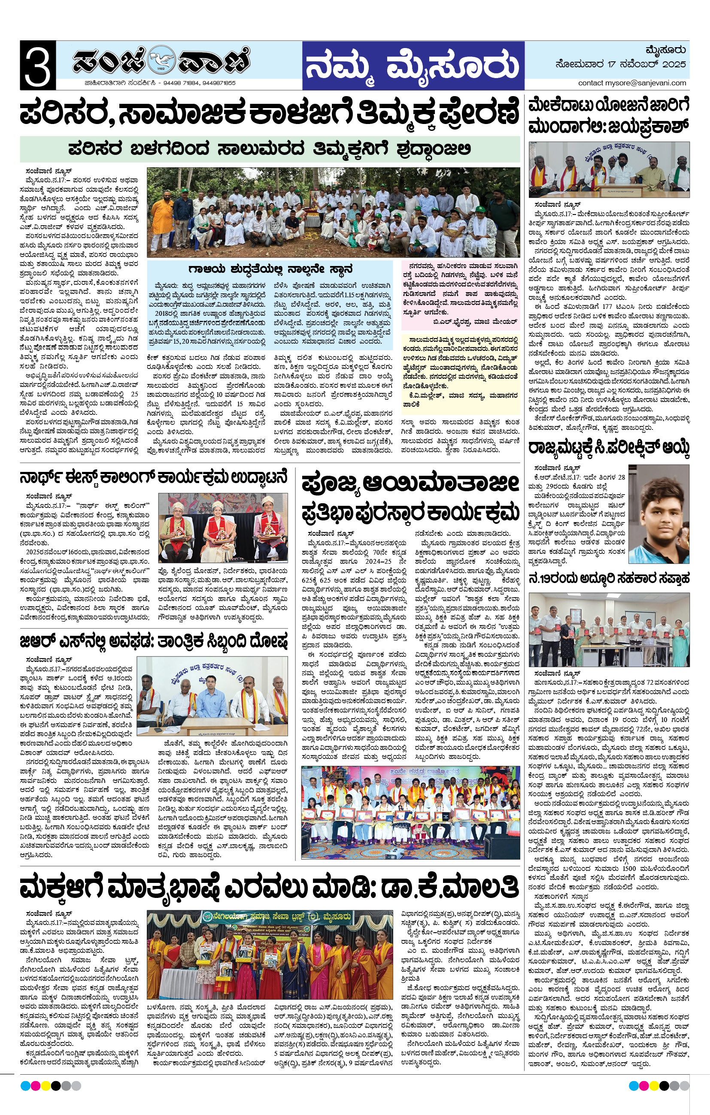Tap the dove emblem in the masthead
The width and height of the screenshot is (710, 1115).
pos(162,59)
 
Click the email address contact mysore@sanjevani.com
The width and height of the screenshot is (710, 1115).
pos(632,83)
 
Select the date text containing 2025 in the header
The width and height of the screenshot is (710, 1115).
pos(621,64)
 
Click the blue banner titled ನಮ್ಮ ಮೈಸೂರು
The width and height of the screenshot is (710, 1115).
pos(413,66)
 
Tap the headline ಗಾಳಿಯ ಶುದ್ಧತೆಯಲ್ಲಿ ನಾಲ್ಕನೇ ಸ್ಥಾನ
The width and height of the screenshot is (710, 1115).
pos(270,269)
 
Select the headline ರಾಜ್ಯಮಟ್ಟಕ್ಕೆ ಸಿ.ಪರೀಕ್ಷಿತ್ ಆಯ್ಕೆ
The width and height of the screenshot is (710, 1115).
pos(609,448)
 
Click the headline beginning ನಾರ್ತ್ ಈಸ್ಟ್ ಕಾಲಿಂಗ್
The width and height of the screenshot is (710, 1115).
pos(153,477)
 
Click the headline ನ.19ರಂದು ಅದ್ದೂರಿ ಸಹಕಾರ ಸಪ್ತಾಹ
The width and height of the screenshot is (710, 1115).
pos(609,578)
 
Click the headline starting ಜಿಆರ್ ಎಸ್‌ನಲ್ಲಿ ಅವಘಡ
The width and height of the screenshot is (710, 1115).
pos(153,642)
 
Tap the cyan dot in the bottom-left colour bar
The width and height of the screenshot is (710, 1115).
pos(25,1086)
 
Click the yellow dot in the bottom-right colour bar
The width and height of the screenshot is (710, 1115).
pos(653,1086)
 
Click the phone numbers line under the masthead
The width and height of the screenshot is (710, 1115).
pos(160,83)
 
